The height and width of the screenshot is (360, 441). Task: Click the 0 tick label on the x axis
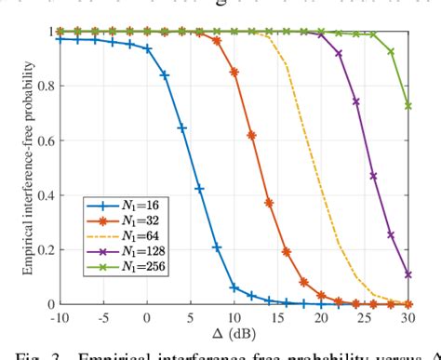pyautogui.click(x=147, y=317)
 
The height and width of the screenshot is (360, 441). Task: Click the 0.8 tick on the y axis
pyautogui.click(x=46, y=86)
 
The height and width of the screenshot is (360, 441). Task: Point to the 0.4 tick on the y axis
pyautogui.click(x=46, y=194)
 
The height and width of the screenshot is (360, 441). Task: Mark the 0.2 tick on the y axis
pyautogui.click(x=46, y=249)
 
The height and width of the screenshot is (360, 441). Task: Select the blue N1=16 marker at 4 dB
pyautogui.click(x=181, y=128)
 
